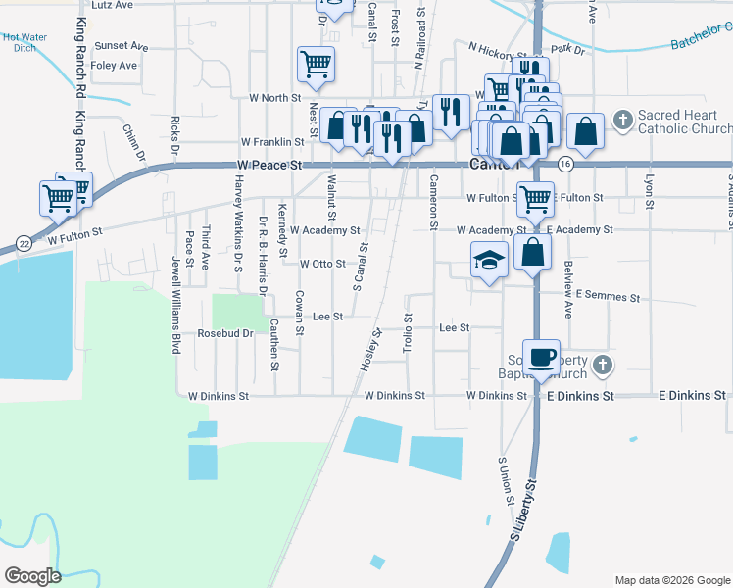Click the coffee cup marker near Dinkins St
[x=541, y=357]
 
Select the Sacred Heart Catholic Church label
[x=684, y=122]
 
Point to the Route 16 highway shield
[x=565, y=163]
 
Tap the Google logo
[x=33, y=575]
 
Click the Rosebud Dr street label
[x=225, y=333]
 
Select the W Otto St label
[x=322, y=264]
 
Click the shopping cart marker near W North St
[x=316, y=65]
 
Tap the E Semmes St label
[x=608, y=295]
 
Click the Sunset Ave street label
[x=121, y=46]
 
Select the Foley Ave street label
[x=114, y=66]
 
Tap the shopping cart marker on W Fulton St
[x=535, y=199]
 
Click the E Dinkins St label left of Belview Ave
[x=580, y=396]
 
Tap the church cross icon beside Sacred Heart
[x=621, y=121]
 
